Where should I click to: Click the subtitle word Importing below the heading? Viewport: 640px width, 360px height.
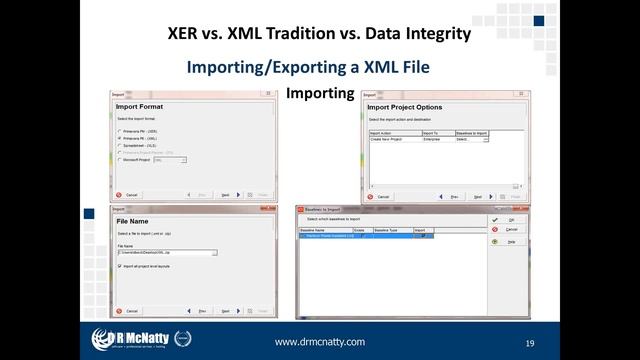320,93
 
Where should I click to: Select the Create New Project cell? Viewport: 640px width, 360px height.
390,139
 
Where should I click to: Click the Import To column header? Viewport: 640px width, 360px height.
431,132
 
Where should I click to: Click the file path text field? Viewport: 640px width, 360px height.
165,253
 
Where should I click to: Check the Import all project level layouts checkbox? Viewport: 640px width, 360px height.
120,266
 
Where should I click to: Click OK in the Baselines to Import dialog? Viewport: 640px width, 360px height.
510,218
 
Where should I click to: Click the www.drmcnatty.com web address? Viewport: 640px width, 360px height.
319,342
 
